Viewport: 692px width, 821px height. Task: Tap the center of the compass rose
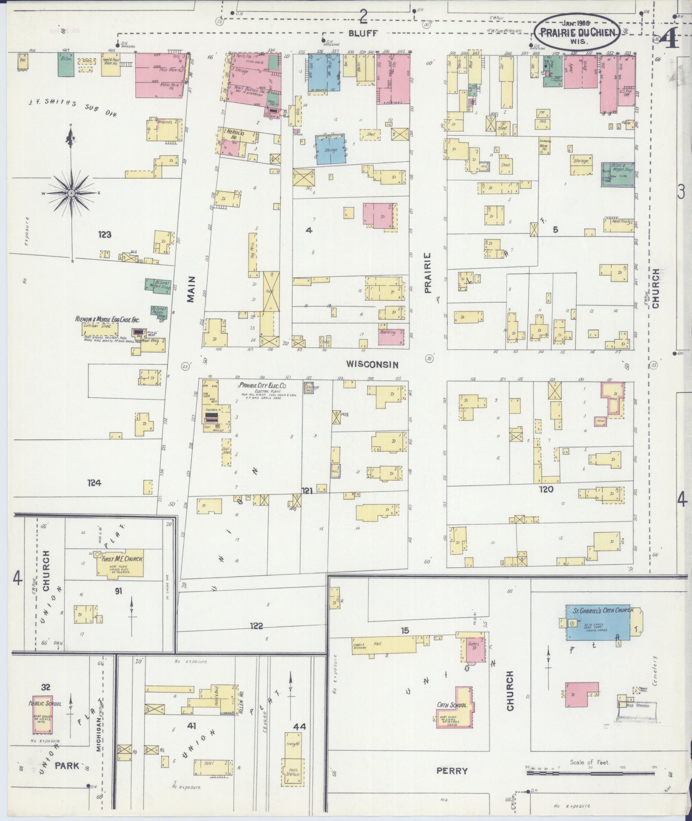tap(71, 194)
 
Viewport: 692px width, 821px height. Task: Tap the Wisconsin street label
tap(372, 365)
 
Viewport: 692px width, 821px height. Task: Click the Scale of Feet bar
tap(590, 773)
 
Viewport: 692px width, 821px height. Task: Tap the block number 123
tap(105, 235)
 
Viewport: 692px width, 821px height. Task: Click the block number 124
tap(94, 483)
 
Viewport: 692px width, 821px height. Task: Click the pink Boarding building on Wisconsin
tap(390, 337)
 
